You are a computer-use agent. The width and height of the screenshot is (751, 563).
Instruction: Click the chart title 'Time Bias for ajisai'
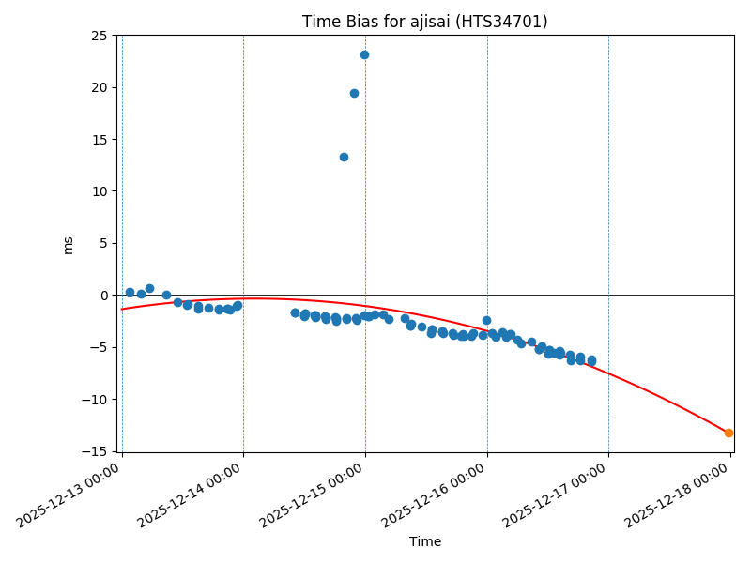[424, 22]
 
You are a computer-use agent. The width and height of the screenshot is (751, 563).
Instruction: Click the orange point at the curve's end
[728, 433]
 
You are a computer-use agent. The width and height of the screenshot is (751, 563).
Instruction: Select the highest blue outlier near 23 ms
[364, 54]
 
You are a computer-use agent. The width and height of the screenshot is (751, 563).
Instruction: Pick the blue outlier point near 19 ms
[354, 93]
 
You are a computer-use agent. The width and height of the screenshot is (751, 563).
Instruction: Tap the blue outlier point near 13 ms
[344, 157]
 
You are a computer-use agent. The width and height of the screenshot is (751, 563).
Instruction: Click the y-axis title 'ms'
[68, 244]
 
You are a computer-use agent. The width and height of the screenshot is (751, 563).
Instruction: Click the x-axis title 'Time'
[424, 541]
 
